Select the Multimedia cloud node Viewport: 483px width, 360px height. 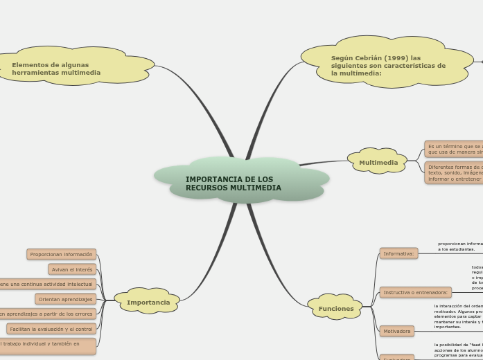tap(378, 163)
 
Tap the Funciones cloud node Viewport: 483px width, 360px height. tap(336, 308)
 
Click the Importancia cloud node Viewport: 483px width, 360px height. tap(148, 302)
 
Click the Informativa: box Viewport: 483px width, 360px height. tap(398, 253)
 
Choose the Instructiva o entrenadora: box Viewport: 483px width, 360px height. tap(415, 292)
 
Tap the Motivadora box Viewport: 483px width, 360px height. tap(396, 331)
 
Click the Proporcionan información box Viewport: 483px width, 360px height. tap(61, 254)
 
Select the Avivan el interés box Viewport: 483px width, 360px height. tap(72, 269)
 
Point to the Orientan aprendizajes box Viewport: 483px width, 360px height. tap(65, 299)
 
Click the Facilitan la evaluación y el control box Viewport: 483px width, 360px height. tap(51, 329)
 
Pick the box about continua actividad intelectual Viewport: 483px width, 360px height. tap(47, 284)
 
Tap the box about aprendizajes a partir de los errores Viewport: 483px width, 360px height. tap(47, 314)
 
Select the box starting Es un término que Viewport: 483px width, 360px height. tap(454, 149)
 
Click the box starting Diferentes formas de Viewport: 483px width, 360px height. tap(454, 172)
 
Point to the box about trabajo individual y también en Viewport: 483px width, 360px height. tap(47, 346)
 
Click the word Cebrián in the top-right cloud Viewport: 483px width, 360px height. tap(367, 58)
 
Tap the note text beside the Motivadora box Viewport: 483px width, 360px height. tap(458, 316)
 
